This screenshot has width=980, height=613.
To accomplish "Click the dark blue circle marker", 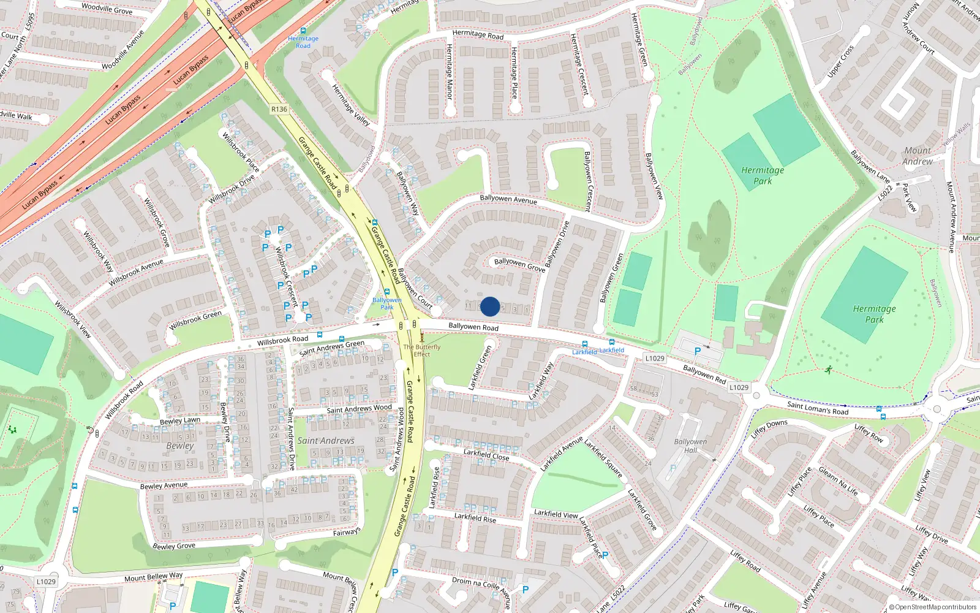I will (490, 306).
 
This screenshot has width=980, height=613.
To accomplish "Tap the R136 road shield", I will (279, 109).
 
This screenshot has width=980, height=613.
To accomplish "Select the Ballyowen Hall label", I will (690, 446).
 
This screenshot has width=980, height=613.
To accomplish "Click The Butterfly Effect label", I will (422, 350).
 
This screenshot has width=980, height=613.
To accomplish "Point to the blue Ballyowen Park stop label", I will (387, 303).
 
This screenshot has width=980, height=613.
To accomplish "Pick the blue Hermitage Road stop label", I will (303, 42).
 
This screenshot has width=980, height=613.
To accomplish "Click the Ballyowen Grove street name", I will (519, 265).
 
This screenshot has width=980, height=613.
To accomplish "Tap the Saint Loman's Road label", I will (818, 408).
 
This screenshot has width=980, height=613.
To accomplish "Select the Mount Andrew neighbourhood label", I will (918, 156).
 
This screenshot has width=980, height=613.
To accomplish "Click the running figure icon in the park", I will (829, 370).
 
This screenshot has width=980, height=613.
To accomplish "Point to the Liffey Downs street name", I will (769, 427).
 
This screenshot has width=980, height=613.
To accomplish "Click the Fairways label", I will (347, 531).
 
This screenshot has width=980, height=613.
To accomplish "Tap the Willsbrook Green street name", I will (195, 320).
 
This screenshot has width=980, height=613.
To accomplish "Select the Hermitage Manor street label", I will (450, 72).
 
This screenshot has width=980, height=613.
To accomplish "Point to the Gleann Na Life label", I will (839, 481).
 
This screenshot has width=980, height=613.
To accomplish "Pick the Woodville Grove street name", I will (107, 9).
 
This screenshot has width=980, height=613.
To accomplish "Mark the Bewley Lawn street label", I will (180, 421).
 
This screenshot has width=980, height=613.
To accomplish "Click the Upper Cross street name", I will (840, 62).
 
